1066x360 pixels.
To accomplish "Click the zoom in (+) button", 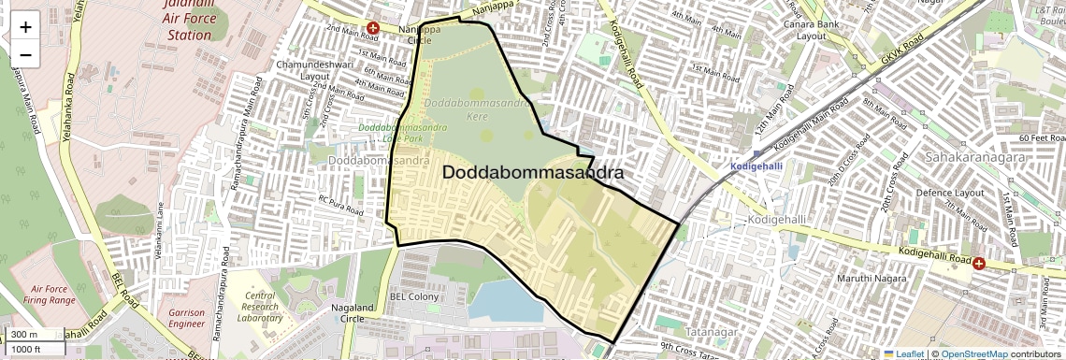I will (x=25, y=27).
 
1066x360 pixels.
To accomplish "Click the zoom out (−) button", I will (x=25, y=54).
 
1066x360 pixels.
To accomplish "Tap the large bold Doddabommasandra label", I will (x=532, y=173).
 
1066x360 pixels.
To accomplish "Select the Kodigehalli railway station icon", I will (x=756, y=154).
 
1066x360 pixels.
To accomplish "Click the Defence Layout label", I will (x=950, y=193).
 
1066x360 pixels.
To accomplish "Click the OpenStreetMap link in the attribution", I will (x=974, y=353).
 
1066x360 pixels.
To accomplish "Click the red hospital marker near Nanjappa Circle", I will (x=373, y=28).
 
